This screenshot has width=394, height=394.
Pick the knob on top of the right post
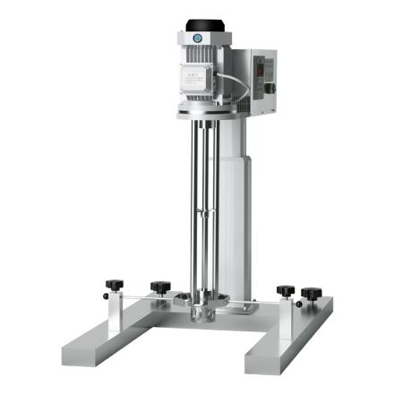tap(286, 290)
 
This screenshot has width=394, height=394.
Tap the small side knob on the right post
tap(311, 293)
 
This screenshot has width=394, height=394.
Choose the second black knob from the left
tap(160, 287)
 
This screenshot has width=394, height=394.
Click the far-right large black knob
tap(311, 293)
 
